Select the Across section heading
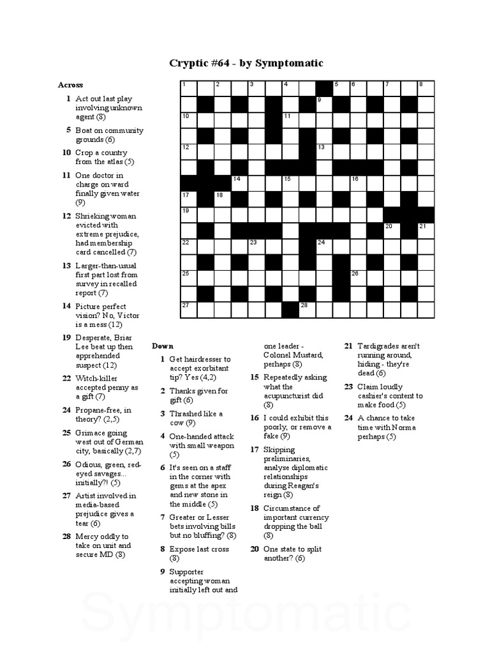pos(70,85)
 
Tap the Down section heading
pos(163,346)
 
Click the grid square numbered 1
pos(189,89)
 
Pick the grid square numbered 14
pos(239,183)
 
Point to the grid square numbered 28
pos(307,310)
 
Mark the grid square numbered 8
pos(425,89)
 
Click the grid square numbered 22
pos(189,247)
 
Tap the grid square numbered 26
pos(357,278)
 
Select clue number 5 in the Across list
pos(68,130)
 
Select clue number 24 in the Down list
pos(348,418)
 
